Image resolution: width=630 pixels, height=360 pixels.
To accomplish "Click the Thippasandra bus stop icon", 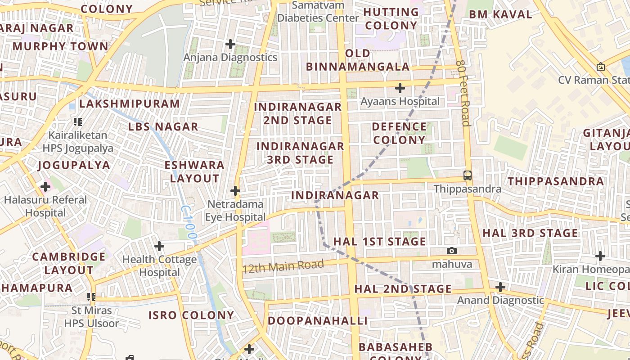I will point(468,175).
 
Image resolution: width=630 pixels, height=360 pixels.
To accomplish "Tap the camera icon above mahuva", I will point(452,251).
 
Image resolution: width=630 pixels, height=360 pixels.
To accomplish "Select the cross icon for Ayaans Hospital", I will point(400,88).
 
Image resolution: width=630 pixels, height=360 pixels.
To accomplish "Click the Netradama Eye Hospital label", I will point(235,211).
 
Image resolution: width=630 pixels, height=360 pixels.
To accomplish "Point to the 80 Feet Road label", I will point(463,93).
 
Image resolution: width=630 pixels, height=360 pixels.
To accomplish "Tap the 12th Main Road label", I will point(283,266).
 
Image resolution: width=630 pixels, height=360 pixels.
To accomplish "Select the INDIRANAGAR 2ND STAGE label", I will point(298,113).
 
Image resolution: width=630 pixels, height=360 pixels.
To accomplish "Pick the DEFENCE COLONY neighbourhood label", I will point(399,133).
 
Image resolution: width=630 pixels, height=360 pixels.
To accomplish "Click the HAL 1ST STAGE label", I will point(379,242).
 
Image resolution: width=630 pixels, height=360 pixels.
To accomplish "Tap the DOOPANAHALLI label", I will point(318,321).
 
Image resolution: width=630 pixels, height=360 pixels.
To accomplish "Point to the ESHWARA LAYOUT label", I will point(194,171).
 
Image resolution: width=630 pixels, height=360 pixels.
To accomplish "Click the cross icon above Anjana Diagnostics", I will point(230,44).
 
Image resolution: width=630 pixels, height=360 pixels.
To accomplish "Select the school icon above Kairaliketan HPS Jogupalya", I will point(78,121).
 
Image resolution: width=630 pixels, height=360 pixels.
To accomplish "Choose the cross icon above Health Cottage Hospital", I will point(159,246).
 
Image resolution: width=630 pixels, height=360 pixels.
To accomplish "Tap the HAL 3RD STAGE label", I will point(530,233).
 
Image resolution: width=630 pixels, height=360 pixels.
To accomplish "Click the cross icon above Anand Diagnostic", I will point(500,287).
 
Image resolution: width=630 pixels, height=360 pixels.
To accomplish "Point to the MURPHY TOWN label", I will point(60,46).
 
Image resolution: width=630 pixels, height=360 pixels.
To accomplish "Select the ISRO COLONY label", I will point(191,315).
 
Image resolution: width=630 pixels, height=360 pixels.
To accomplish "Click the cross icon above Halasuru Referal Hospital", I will point(45,186).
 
